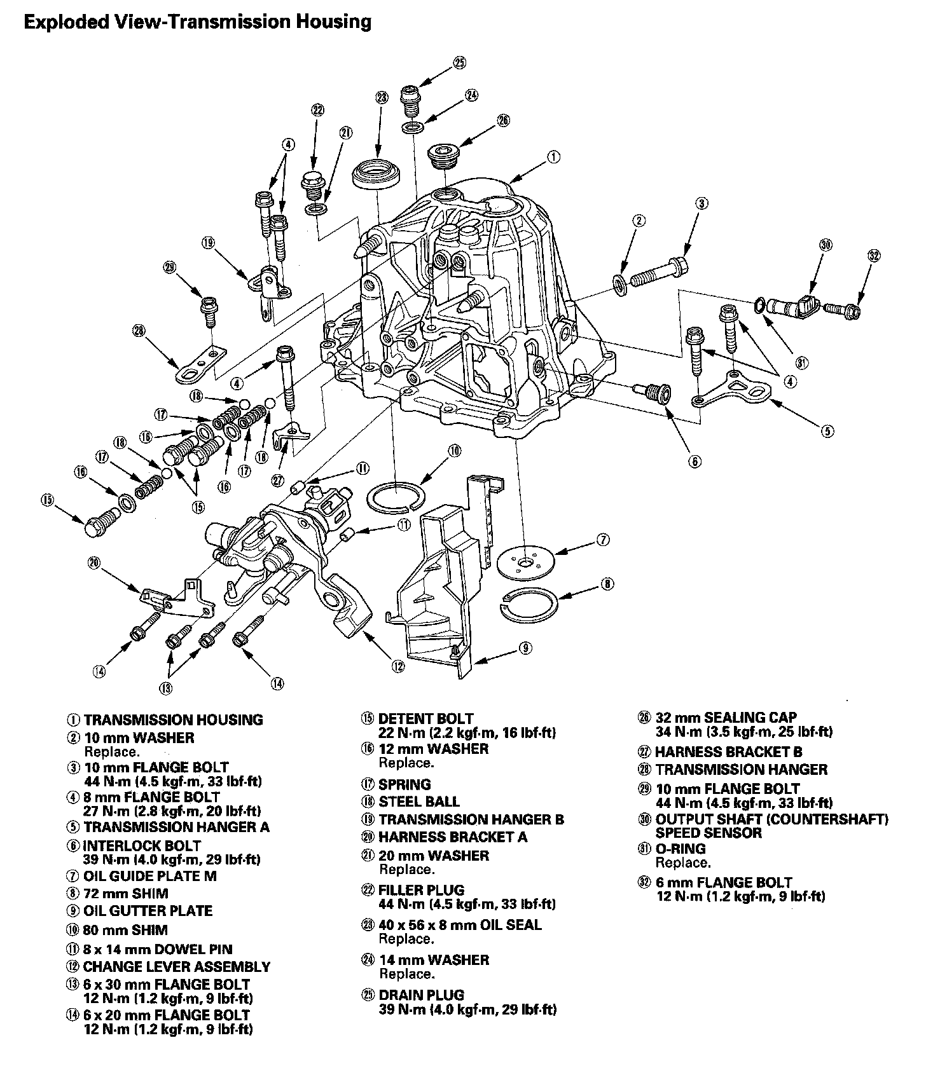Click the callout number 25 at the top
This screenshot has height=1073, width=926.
pyautogui.click(x=460, y=62)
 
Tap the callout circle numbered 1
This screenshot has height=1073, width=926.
pyautogui.click(x=554, y=157)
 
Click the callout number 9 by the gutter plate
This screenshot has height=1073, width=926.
pyautogui.click(x=525, y=648)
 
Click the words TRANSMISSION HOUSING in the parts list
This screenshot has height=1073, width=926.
pyautogui.click(x=173, y=720)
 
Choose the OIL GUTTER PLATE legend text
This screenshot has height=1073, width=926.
pyautogui.click(x=148, y=911)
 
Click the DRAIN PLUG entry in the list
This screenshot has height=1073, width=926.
pyautogui.click(x=421, y=995)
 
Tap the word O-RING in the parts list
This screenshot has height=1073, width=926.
pyautogui.click(x=681, y=849)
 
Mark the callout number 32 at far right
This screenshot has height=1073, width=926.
pyautogui.click(x=874, y=256)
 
